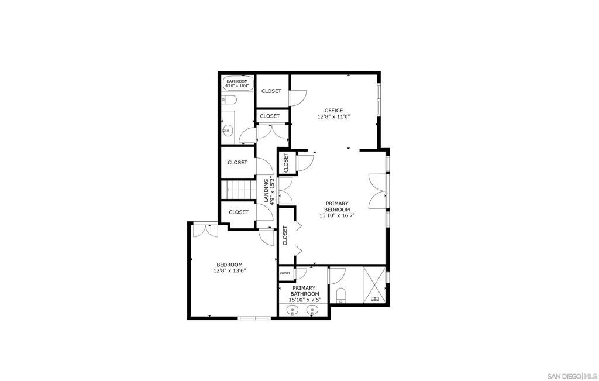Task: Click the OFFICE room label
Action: coord(333,111)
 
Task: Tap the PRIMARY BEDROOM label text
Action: coord(337,207)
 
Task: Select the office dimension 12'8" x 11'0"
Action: coord(334,117)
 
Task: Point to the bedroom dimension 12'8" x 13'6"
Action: coord(229,270)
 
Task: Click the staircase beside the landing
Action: coord(239,190)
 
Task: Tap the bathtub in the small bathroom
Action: coord(237,83)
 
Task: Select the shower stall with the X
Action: coord(374,284)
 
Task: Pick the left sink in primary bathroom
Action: coord(292,310)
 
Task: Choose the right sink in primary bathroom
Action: coord(312,310)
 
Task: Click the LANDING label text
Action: coord(267,191)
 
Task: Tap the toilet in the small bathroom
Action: coord(229,100)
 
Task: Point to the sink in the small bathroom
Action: coord(228,131)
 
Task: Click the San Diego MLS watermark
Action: coord(572,375)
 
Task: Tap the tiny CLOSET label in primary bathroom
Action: coord(285,273)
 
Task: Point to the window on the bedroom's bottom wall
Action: coord(254,318)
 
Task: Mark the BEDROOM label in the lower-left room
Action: coord(229,265)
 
